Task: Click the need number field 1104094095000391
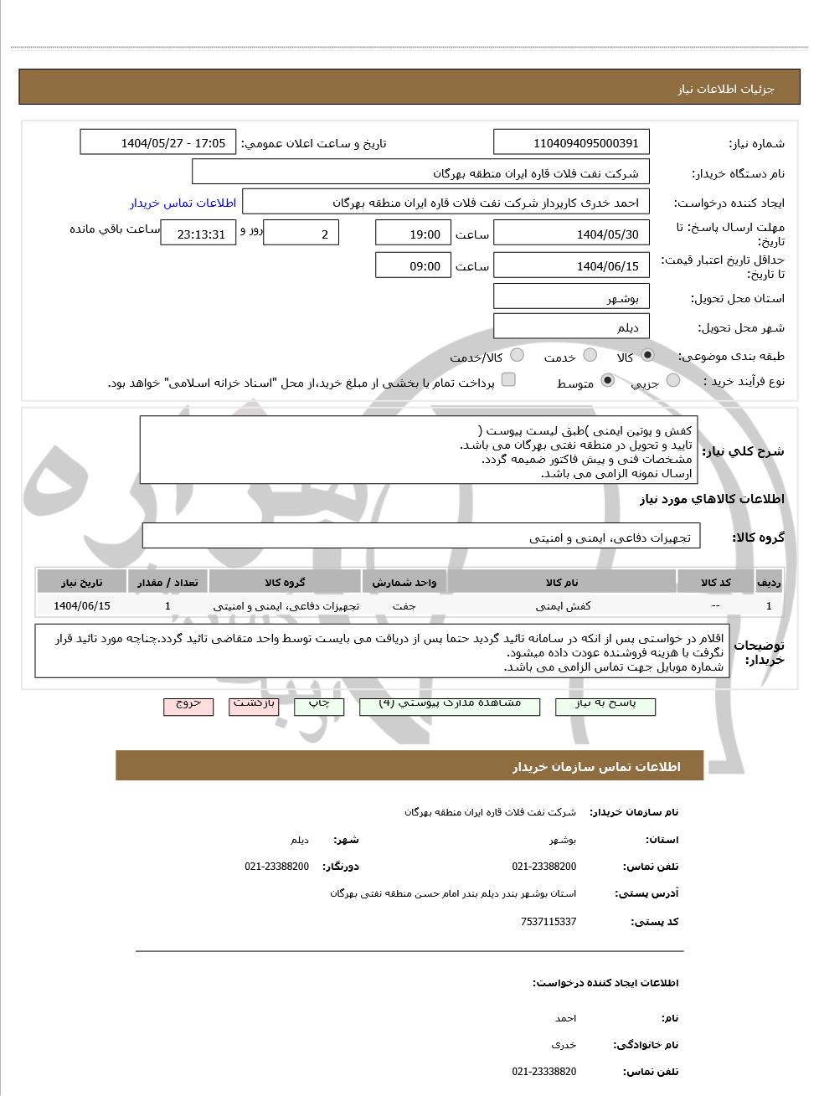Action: pos(572,143)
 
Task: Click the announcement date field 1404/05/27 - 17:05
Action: pos(158,143)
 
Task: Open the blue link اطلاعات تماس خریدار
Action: pos(183,203)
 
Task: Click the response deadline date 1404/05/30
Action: pos(572,234)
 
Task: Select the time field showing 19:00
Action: pos(413,234)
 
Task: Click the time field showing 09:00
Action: pos(413,266)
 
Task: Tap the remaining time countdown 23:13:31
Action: pos(198,234)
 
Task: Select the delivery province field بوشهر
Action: pos(572,298)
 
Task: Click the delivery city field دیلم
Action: pos(572,327)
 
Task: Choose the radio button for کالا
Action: pos(647,355)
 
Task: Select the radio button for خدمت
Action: pos(590,355)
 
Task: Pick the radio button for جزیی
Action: pos(673,381)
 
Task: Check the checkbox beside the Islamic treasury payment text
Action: pos(508,380)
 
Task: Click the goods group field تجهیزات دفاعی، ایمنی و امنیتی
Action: pos(421,538)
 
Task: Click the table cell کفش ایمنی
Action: pos(563,605)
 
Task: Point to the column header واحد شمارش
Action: pos(404,582)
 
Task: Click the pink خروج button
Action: pos(188,705)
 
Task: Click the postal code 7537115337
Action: pos(548,922)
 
